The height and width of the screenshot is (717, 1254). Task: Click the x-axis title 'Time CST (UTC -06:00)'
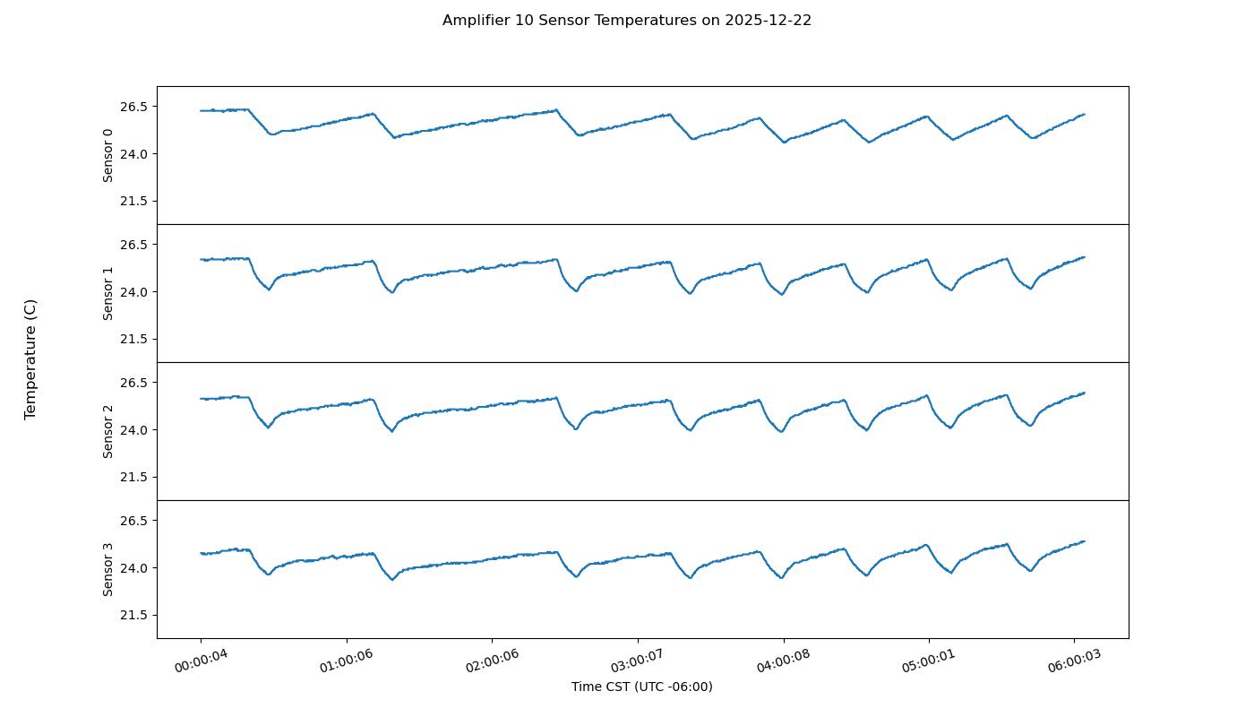click(641, 687)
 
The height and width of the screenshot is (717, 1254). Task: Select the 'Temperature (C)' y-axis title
click(30, 359)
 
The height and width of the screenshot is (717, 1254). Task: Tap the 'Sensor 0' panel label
click(108, 155)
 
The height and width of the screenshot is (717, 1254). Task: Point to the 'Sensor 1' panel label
click(108, 293)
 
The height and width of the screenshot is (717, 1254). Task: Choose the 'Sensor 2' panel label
click(108, 431)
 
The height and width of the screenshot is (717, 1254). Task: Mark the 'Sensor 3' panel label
click(108, 569)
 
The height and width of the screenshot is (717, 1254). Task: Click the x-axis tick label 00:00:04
click(202, 661)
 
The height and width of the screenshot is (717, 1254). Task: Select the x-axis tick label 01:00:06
click(348, 661)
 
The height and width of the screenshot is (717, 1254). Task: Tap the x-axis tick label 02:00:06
click(493, 661)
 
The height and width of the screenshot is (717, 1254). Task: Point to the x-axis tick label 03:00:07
click(639, 661)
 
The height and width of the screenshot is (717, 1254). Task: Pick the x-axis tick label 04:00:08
click(785, 661)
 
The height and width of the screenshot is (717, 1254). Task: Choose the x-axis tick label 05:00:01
click(930, 661)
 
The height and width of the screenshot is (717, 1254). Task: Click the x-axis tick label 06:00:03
click(1075, 661)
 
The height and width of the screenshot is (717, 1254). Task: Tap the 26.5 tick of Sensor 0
click(132, 107)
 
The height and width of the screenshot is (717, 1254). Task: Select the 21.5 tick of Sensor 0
click(132, 201)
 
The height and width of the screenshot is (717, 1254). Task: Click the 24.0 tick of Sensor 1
click(132, 292)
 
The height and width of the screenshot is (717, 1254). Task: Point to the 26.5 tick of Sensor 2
click(132, 383)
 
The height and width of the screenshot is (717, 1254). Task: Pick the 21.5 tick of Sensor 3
click(132, 615)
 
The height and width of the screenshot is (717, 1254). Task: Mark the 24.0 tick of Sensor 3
click(132, 568)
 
